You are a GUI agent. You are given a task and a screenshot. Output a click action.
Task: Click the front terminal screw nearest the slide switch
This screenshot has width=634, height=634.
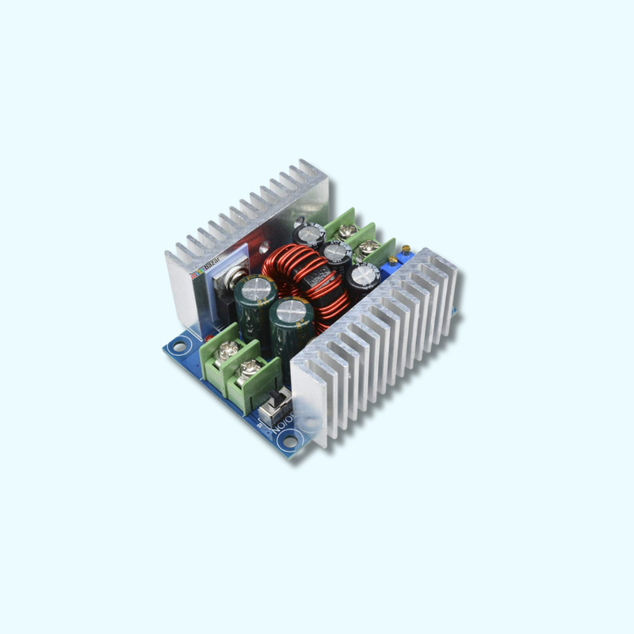coord(249,367)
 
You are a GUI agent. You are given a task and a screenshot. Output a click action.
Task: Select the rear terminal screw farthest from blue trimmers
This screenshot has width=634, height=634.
coord(346,230)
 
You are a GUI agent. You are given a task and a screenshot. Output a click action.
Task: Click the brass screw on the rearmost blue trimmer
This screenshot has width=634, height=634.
coord(407,250)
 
